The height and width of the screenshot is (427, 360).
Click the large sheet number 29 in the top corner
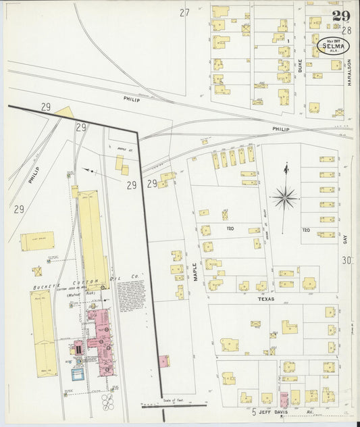click(x=340, y=16)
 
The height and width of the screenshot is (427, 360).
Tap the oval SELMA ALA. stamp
click(x=334, y=46)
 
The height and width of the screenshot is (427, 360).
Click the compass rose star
click(x=286, y=198)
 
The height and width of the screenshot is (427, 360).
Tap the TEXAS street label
click(x=263, y=297)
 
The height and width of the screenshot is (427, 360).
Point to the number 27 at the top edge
click(x=184, y=12)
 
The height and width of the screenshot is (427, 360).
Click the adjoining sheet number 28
click(x=346, y=30)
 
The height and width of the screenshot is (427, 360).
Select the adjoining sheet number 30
click(x=347, y=260)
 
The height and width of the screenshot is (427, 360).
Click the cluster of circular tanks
click(x=108, y=402)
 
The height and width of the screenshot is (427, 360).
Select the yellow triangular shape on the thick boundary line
click(x=66, y=111)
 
